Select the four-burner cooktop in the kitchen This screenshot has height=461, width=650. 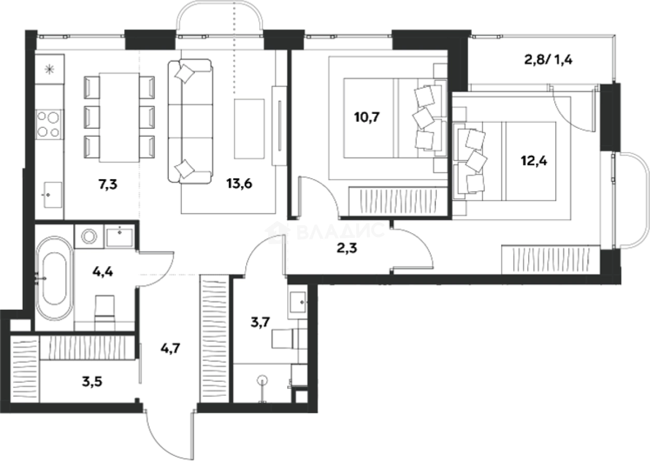pyautogui.click(x=49, y=124)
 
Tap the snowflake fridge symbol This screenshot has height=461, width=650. pyautogui.click(x=49, y=69)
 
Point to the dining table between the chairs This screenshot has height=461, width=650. pyautogui.click(x=119, y=117)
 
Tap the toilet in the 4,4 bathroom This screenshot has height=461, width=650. pyautogui.click(x=104, y=312)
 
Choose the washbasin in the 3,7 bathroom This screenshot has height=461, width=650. pyautogui.click(x=299, y=301)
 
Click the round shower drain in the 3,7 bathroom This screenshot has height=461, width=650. pyautogui.click(x=263, y=381)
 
